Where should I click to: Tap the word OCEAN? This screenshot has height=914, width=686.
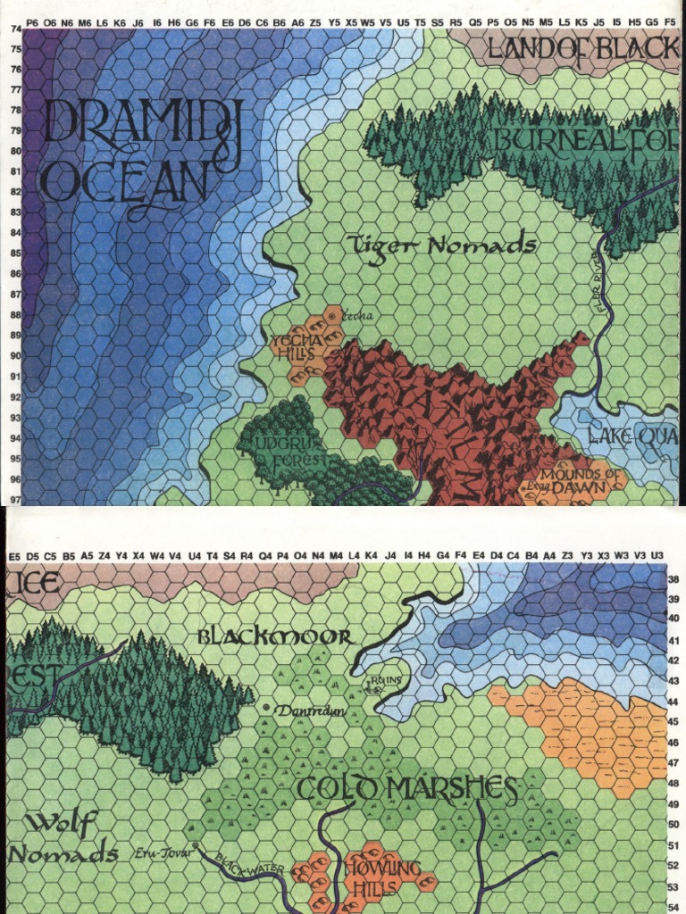[x=125, y=182]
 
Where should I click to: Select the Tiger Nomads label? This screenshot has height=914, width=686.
[x=441, y=245]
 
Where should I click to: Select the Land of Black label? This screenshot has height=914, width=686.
[x=580, y=50]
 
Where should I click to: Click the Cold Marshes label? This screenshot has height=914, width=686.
[x=407, y=789]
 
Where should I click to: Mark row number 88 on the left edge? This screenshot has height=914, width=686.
[x=15, y=315]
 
